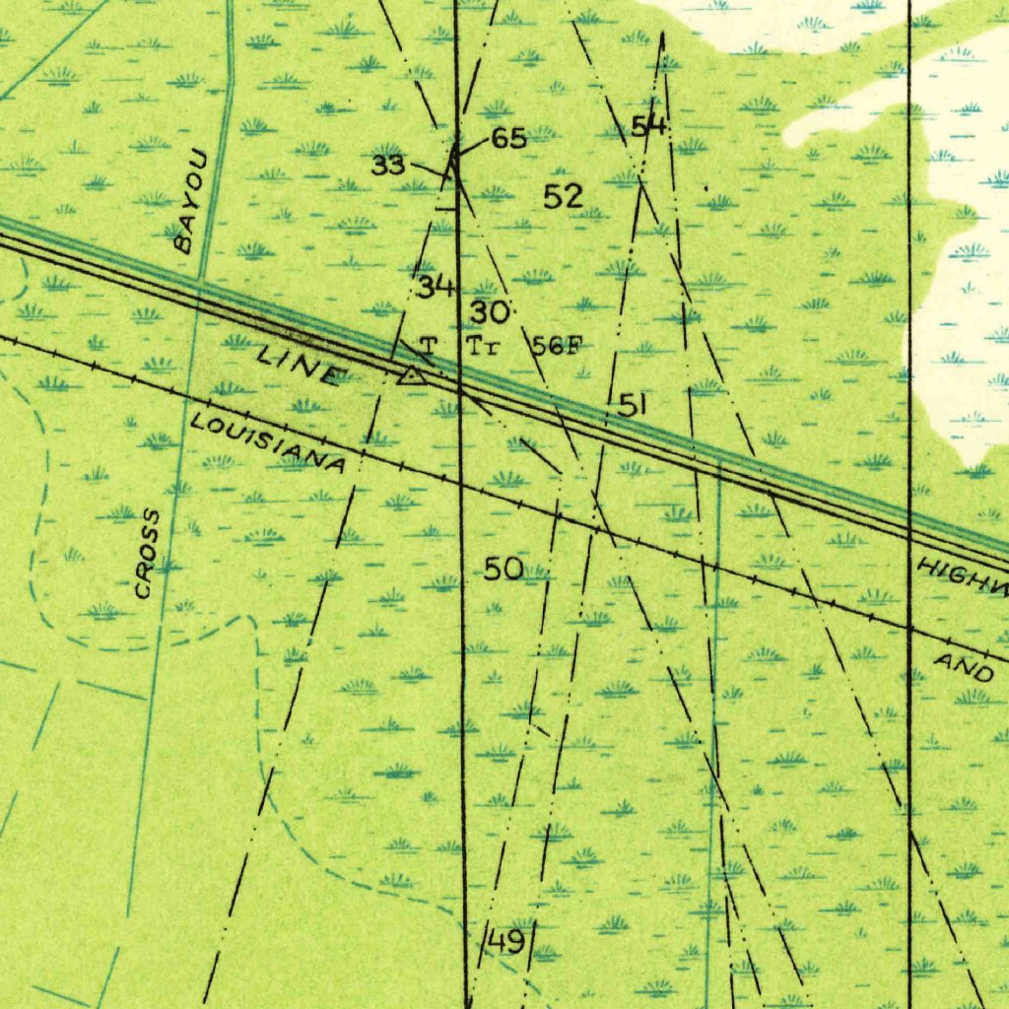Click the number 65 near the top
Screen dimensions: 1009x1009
pyautogui.click(x=508, y=139)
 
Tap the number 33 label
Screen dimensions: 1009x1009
pyautogui.click(x=388, y=165)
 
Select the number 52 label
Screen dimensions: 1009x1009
pyautogui.click(x=564, y=197)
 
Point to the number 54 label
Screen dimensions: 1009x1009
pyautogui.click(x=649, y=126)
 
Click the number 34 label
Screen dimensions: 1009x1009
pyautogui.click(x=436, y=287)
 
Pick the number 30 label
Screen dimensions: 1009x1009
pyautogui.click(x=490, y=313)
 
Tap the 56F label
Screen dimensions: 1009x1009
pyautogui.click(x=559, y=346)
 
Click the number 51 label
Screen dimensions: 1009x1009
pyautogui.click(x=634, y=404)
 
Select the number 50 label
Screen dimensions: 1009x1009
pyautogui.click(x=503, y=569)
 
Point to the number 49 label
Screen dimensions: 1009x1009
pyautogui.click(x=505, y=941)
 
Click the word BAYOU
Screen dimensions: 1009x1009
pyautogui.click(x=191, y=201)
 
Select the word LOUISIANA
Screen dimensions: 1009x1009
pyautogui.click(x=268, y=443)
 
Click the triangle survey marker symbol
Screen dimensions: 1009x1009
pyautogui.click(x=411, y=374)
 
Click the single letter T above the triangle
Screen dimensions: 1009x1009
pyautogui.click(x=428, y=346)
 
